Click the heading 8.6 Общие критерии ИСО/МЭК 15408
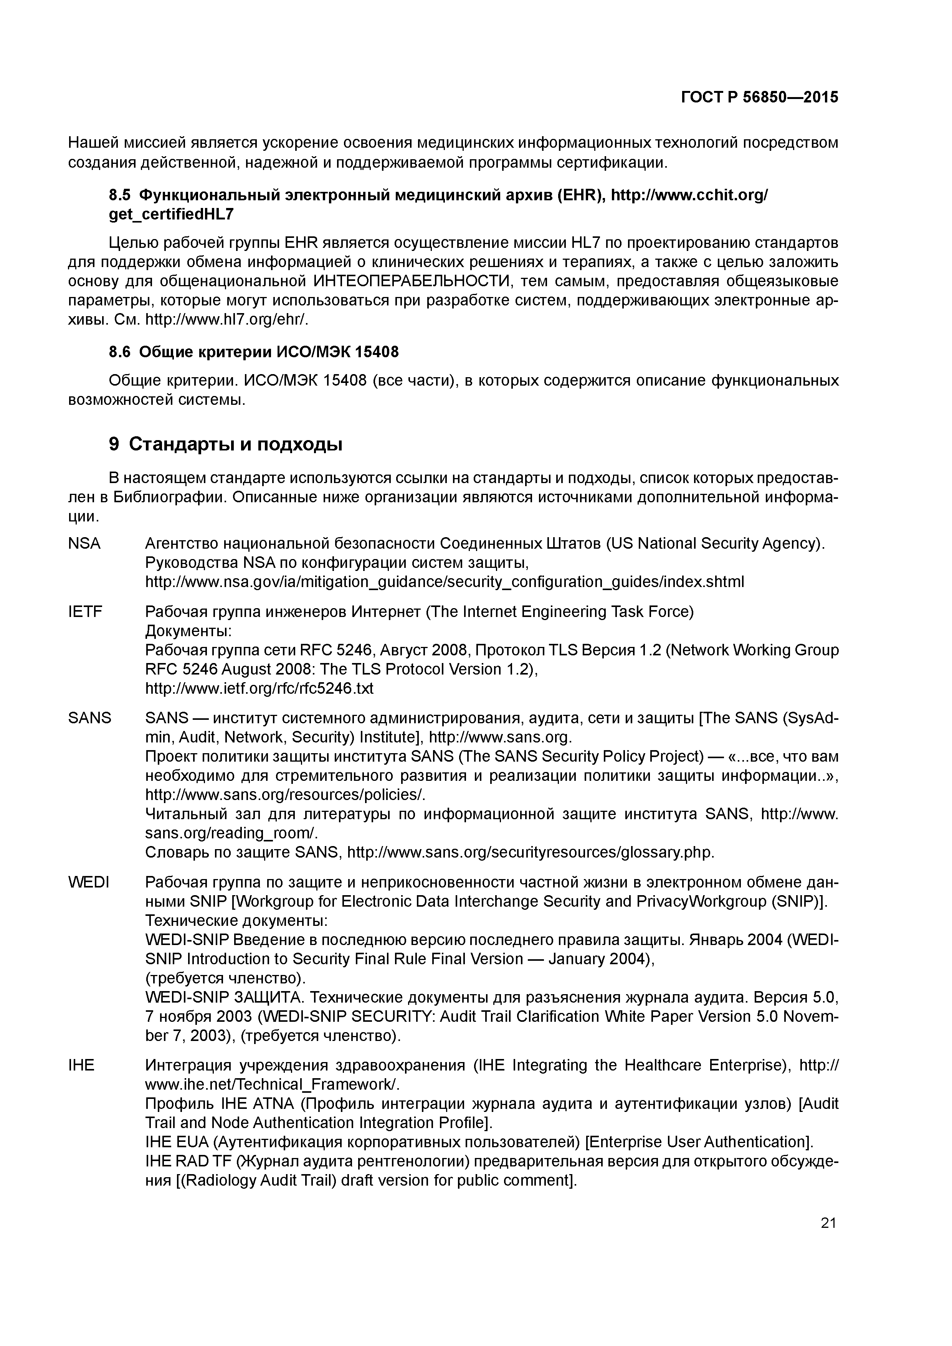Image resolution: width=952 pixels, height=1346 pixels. [x=254, y=352]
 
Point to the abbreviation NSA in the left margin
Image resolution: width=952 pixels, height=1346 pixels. [x=84, y=543]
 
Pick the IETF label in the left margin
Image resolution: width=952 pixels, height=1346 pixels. [x=85, y=612]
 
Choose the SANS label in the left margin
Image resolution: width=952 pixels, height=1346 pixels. [x=90, y=718]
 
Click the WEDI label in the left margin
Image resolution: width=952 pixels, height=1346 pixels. [x=89, y=882]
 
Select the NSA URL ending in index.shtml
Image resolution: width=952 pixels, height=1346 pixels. [x=444, y=582]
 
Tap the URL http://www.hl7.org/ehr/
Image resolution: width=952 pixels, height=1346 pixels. [x=226, y=320]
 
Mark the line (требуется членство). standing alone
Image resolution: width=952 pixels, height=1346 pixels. [x=226, y=978]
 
